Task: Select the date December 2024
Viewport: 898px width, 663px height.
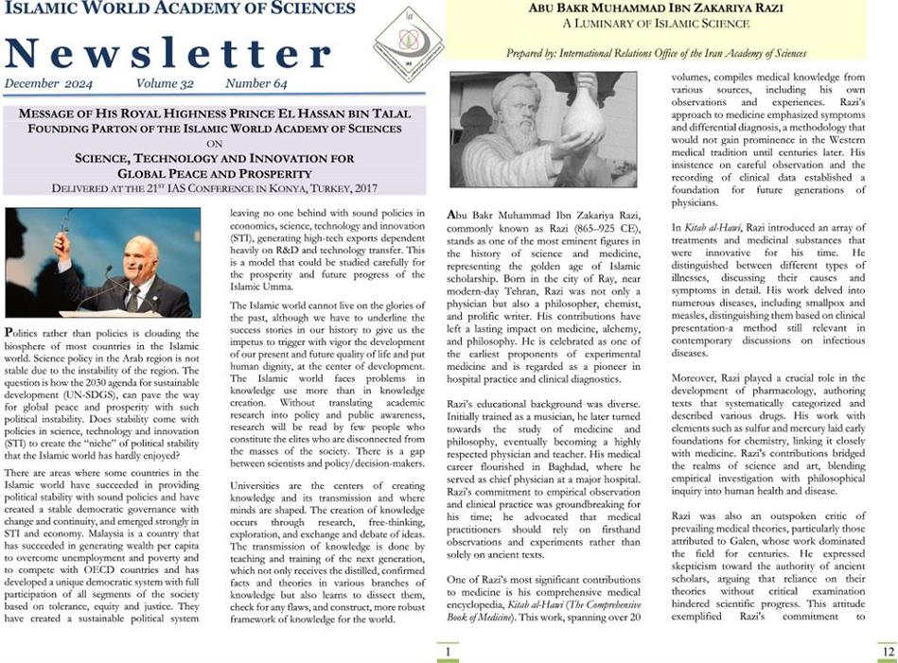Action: pos(45,84)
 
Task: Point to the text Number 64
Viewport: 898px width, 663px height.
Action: pos(259,84)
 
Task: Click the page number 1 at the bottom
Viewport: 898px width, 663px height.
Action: pos(447,652)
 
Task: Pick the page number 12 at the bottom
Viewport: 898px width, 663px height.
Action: pos(886,652)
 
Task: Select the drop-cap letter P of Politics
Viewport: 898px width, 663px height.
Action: pos(9,333)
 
